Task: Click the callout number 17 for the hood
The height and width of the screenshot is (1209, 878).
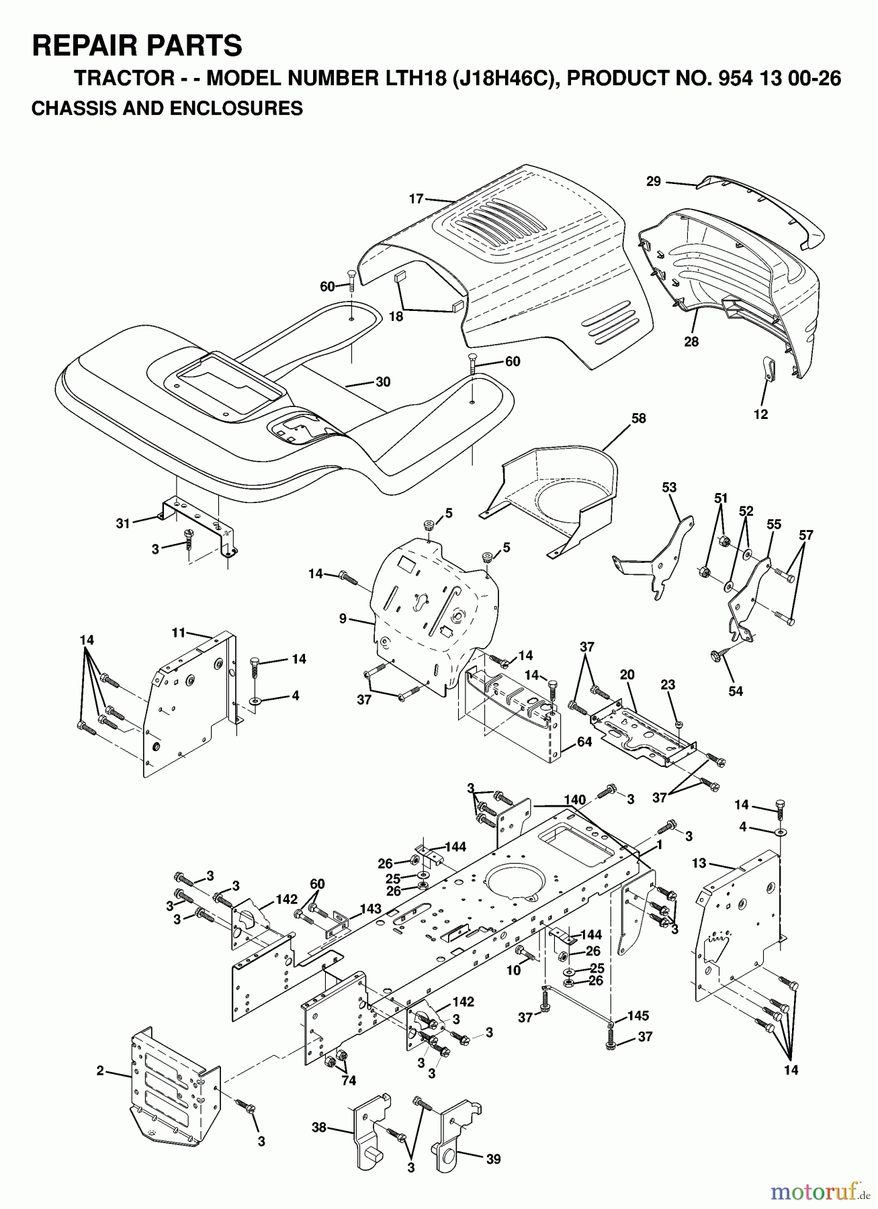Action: coord(416,198)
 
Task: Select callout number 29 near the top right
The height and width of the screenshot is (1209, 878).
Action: coord(654,181)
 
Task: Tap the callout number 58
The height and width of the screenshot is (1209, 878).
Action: coord(638,418)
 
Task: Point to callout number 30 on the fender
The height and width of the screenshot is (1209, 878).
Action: coord(383,382)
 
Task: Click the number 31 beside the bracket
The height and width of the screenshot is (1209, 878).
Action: coord(122,524)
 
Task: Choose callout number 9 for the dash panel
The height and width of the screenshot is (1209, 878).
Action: coord(343,619)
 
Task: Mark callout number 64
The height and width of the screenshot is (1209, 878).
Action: coord(584,742)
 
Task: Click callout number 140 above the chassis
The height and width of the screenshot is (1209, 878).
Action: coord(575,800)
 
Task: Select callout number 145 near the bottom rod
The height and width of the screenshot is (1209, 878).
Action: coord(638,1016)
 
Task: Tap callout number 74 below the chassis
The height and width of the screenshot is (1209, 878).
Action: coord(349,1080)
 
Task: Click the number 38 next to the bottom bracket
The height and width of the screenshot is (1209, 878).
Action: coord(319,1127)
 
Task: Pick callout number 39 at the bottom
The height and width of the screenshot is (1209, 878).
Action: coord(494,1159)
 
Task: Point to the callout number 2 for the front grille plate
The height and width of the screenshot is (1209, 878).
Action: coord(99,1071)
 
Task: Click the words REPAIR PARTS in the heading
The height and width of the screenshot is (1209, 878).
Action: coord(137,46)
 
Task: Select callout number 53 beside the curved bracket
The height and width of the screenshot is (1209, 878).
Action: coord(669,487)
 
